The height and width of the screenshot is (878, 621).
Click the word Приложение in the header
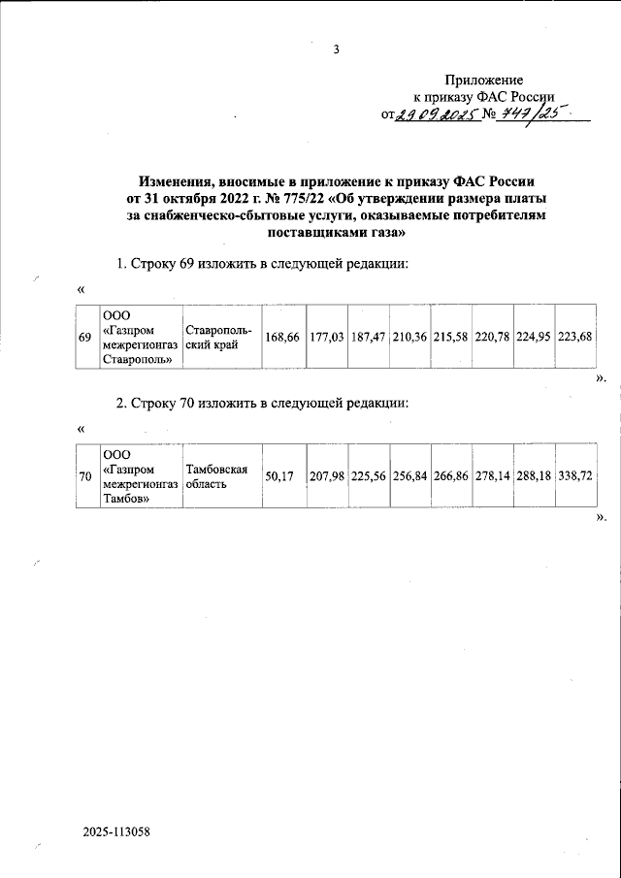(x=484, y=80)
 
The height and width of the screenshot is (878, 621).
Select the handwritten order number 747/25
(x=534, y=115)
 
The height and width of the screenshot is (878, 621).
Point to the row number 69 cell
(x=84, y=337)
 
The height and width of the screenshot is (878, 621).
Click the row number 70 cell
(x=84, y=476)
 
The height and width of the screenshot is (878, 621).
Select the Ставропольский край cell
(x=218, y=337)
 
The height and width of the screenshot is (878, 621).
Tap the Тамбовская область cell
(x=218, y=476)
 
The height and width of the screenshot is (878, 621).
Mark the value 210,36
(x=409, y=337)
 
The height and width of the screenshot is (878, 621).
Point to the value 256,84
(x=409, y=476)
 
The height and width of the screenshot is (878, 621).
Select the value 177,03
(x=327, y=337)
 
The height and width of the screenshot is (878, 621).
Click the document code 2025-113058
(x=116, y=832)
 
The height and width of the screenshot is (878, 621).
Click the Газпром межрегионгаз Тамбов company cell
(x=140, y=476)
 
